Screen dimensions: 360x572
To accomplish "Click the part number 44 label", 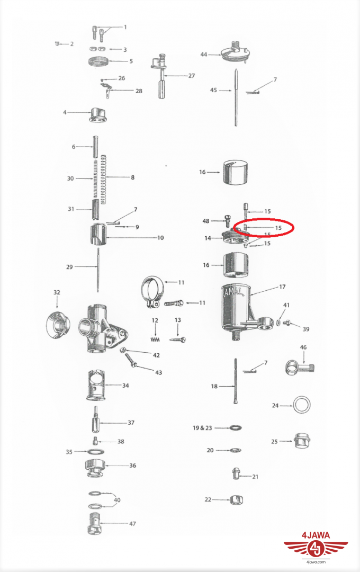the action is (x=203, y=55).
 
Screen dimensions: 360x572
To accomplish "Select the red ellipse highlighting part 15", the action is (x=263, y=228).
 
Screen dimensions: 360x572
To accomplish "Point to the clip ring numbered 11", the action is (x=153, y=292).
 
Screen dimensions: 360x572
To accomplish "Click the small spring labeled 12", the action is (x=155, y=339).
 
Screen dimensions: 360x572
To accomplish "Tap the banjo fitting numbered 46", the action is (x=299, y=367).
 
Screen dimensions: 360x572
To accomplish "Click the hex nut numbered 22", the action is (x=237, y=499).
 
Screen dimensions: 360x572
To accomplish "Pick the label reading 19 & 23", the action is (x=202, y=427).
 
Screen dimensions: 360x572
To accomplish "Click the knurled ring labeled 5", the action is (x=99, y=61).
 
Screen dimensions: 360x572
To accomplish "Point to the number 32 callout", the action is (x=57, y=292).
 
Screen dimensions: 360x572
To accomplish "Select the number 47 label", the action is (x=132, y=523).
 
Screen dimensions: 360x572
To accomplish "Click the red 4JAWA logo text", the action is (x=316, y=535).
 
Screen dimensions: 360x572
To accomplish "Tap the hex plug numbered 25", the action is (x=302, y=441).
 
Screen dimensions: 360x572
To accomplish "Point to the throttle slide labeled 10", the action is (x=98, y=236).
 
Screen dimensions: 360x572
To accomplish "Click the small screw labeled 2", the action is (x=57, y=44).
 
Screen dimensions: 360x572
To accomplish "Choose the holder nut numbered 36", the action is (x=95, y=469).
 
